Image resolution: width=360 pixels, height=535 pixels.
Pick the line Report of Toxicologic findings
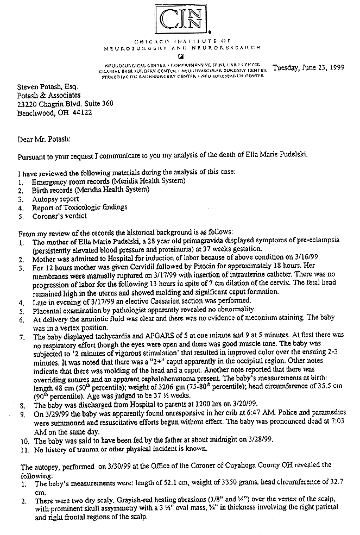(79, 207)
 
